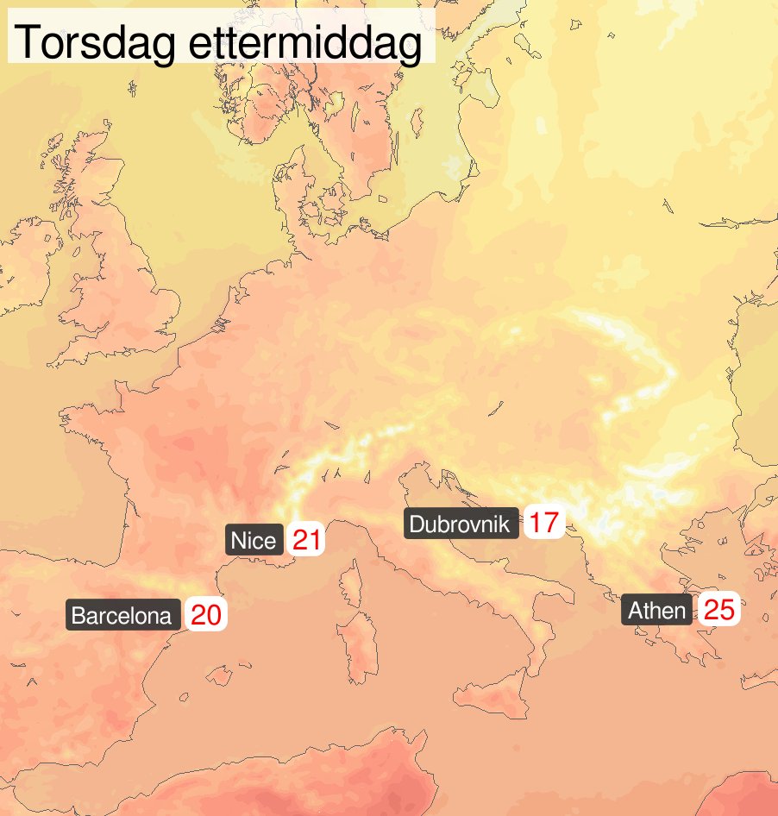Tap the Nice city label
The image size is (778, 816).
coord(254,541)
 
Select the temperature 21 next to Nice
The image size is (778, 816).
coord(306,541)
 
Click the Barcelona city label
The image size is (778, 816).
coord(122,616)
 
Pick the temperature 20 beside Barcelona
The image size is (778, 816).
coord(206,616)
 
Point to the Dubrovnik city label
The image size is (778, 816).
coord(461,524)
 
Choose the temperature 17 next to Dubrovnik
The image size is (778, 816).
coord(543,523)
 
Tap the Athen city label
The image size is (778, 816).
coord(656,611)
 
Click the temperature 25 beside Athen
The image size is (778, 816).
coord(718,611)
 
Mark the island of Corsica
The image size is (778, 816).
coord(352,587)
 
